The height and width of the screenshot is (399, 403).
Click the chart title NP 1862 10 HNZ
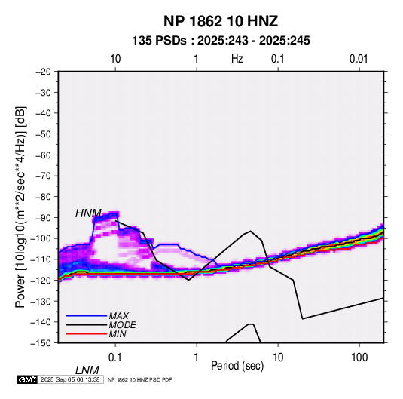[x=221, y=21]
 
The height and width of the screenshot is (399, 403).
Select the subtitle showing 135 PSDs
[x=221, y=41]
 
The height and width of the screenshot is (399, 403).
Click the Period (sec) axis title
[x=237, y=366]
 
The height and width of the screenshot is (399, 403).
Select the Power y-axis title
[x=20, y=207]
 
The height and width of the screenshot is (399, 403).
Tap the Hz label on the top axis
[x=237, y=59]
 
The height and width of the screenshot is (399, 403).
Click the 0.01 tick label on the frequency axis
[x=359, y=59]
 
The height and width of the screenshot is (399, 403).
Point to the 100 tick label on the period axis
[x=359, y=358]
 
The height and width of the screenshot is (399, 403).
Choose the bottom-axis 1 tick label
[x=197, y=358]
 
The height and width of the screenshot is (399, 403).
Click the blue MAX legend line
[x=87, y=316]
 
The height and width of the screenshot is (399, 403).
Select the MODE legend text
[x=122, y=325]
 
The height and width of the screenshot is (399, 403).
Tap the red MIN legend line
[x=87, y=334]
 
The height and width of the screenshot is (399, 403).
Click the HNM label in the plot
[x=88, y=213]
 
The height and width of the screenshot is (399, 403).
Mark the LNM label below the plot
[x=87, y=370]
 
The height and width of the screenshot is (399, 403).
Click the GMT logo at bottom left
[x=27, y=379]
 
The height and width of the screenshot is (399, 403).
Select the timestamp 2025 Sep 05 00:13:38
[x=70, y=379]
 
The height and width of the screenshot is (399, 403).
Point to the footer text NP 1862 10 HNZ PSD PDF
[x=139, y=379]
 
